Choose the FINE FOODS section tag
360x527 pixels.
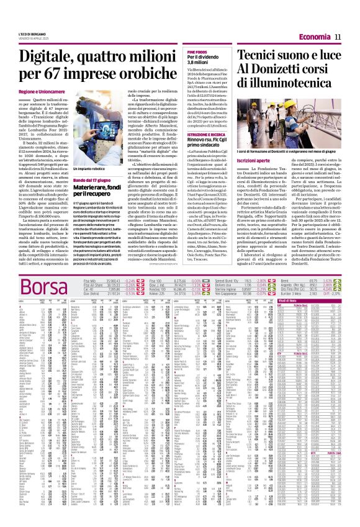197,53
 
